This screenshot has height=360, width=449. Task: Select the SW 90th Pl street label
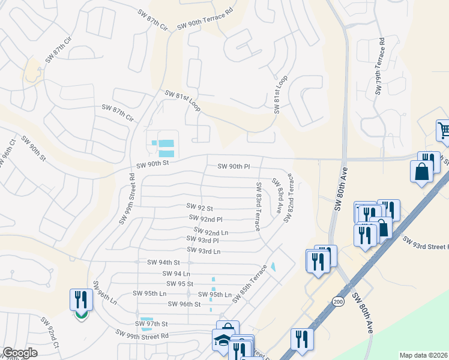pos(234,166)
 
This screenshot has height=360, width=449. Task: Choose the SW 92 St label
pos(200,208)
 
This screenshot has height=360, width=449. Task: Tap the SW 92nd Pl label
pos(205,219)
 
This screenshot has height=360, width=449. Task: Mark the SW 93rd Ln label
pos(203,250)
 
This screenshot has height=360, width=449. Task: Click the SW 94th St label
pos(164,262)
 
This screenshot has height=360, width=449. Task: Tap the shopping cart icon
pos(443,130)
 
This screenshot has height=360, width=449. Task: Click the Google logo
pos(20,353)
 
